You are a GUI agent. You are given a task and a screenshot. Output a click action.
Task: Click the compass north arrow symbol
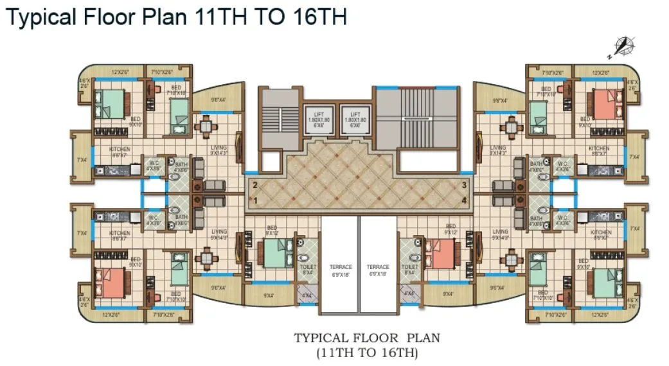pos(622,46)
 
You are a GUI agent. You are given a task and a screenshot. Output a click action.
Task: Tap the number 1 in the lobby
pos(255,200)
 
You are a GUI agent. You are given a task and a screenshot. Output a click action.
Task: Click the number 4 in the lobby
pos(463,200)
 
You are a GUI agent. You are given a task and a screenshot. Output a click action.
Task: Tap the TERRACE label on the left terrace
pos(341,267)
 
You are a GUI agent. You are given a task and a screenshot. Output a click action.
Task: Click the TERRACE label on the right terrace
pos(379,267)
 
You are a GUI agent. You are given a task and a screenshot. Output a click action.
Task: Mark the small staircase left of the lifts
pos(278,116)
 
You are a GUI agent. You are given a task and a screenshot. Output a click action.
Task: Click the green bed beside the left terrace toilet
pos(272,253)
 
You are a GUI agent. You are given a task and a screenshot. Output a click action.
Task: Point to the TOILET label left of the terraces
pos(308,267)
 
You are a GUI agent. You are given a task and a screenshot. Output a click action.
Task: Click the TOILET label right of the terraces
pos(410,267)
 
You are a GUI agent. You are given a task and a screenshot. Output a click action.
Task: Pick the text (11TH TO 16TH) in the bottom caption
pos(367,353)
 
